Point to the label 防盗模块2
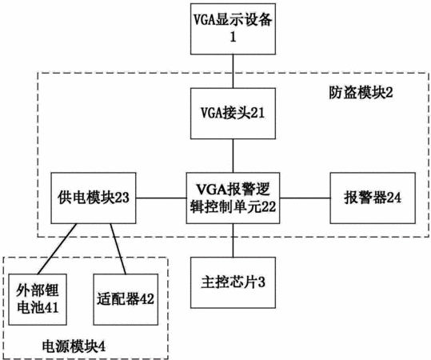[x=361, y=94]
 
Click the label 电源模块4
[x=74, y=346]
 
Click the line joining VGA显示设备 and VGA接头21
[x=233, y=71]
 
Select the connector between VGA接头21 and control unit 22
[x=233, y=156]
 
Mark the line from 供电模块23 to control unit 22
[x=161, y=198]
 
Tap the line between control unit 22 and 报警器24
[x=305, y=198]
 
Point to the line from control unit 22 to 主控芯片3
[x=233, y=240]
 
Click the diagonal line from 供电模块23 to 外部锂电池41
[x=58, y=249]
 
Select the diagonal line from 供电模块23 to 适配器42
[x=118, y=249]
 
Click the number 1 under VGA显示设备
[x=233, y=37]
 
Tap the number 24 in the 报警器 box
[x=394, y=198]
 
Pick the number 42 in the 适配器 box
[x=147, y=299]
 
